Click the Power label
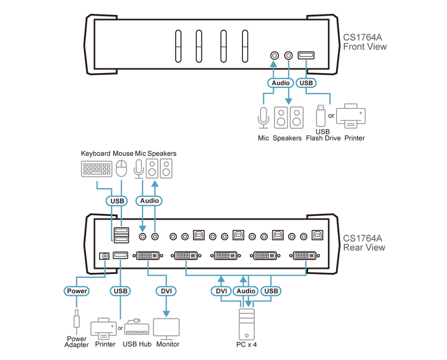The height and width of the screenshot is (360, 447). [77, 291]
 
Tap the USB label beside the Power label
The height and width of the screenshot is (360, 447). [120, 291]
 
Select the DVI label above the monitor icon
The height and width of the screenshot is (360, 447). [166, 291]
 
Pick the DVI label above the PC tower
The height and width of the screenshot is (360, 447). [221, 291]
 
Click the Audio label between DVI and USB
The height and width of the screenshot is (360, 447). [246, 291]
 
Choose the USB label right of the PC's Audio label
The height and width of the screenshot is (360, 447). [270, 291]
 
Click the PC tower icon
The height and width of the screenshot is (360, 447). [246, 321]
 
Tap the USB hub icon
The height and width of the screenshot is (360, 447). [136, 328]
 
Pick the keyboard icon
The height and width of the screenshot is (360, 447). [97, 169]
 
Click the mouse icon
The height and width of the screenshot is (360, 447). [121, 168]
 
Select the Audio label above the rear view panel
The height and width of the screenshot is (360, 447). [148, 200]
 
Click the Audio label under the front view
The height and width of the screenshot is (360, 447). [281, 83]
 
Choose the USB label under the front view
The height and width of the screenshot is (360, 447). [306, 83]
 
